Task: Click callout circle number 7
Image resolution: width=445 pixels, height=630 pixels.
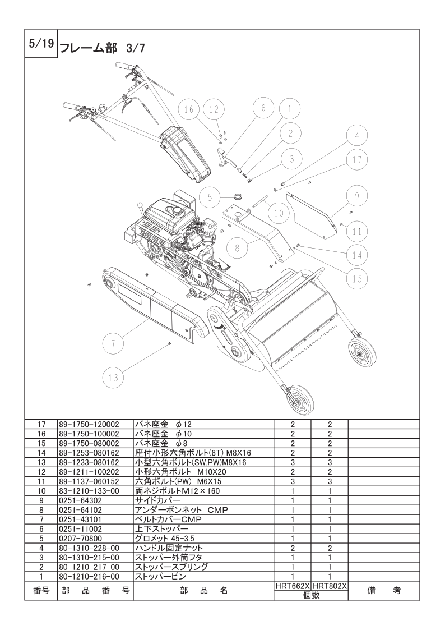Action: click(x=113, y=343)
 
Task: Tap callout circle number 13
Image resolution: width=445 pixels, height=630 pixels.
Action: click(x=113, y=378)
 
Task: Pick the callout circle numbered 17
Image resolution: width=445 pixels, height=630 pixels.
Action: click(x=356, y=159)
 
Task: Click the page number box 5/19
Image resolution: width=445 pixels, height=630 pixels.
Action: click(x=40, y=45)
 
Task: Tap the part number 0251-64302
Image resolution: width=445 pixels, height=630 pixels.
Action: click(x=77, y=500)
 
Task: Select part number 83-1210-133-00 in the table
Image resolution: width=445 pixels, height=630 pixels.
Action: click(x=89, y=491)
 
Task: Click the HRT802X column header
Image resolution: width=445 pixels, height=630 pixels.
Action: click(x=330, y=586)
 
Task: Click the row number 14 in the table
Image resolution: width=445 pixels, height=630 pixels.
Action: click(x=41, y=453)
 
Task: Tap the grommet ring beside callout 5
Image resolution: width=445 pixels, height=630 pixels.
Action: click(x=238, y=196)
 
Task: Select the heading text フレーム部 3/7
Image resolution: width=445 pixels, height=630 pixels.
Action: click(x=102, y=48)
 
